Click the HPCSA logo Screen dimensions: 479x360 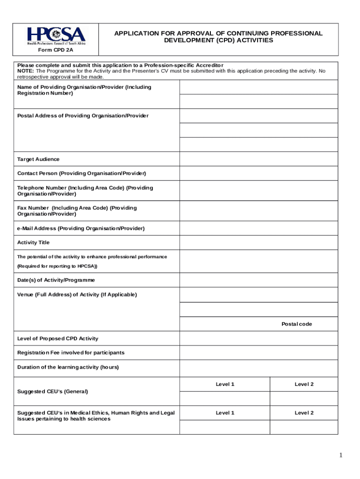[x=56, y=36]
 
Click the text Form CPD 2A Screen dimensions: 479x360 [x=56, y=49]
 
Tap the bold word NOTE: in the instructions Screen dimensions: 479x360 [x=26, y=71]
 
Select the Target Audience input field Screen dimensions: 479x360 [x=259, y=159]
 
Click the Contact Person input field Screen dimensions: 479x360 [x=259, y=174]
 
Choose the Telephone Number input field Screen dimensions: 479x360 [x=259, y=191]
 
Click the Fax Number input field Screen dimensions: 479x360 [x=259, y=211]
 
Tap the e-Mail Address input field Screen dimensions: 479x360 [x=259, y=228]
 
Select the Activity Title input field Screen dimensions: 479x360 [x=259, y=242]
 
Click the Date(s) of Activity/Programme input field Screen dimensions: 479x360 [x=259, y=280]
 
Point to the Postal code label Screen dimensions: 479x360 [x=296, y=324]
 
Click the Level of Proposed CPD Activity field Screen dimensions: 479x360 [x=259, y=338]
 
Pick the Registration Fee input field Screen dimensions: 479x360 [x=259, y=353]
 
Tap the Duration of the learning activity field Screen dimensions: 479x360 [x=259, y=367]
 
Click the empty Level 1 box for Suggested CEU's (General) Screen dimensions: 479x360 [x=225, y=398]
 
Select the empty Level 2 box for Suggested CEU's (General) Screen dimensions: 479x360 [x=304, y=398]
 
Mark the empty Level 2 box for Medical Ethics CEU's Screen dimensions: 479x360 [x=304, y=427]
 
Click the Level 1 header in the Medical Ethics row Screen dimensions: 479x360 [x=225, y=413]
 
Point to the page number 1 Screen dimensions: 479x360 [x=341, y=455]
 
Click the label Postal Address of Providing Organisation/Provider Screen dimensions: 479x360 [x=83, y=116]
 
